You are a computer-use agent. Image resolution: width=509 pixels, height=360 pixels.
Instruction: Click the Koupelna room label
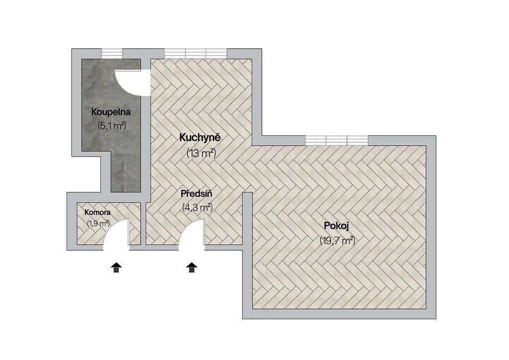click(x=111, y=112)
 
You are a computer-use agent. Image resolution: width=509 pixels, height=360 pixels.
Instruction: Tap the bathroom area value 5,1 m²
click(x=112, y=126)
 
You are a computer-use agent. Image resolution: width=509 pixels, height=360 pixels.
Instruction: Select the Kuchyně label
click(x=200, y=138)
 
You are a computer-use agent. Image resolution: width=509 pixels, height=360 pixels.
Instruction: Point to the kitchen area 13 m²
click(x=201, y=153)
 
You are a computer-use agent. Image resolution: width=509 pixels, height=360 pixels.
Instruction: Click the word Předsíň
click(x=196, y=194)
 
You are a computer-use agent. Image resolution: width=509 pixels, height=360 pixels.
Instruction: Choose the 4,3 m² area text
click(x=197, y=207)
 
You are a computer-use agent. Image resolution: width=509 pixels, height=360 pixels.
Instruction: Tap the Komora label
click(x=97, y=213)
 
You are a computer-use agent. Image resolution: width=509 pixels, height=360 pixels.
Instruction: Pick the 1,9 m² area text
click(x=98, y=223)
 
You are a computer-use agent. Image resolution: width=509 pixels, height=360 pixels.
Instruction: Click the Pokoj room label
click(x=337, y=226)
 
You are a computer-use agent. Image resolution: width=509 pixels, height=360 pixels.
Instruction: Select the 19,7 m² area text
click(x=338, y=241)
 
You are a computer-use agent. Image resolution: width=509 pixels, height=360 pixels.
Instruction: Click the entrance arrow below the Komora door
click(x=116, y=268)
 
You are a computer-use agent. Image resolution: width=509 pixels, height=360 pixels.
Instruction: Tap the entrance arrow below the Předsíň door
click(x=192, y=268)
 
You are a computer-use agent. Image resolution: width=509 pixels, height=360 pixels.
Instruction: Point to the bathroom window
click(x=112, y=53)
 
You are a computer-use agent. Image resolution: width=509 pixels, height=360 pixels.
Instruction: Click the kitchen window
click(x=195, y=53)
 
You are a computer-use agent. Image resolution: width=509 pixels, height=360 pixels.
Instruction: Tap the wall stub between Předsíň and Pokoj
click(x=248, y=221)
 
